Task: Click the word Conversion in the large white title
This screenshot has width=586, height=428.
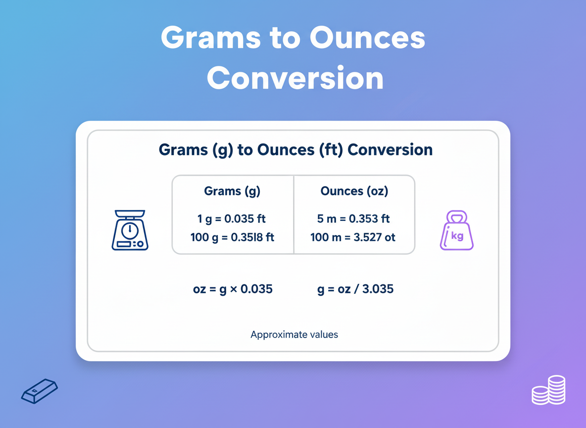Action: click(295, 78)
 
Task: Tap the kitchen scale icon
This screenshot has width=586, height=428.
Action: click(130, 230)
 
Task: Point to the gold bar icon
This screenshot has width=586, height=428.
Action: click(40, 391)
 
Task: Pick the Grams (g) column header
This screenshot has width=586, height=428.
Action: click(232, 191)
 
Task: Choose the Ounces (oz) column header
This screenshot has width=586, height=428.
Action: click(354, 191)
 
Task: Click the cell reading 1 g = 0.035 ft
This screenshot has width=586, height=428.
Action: click(232, 218)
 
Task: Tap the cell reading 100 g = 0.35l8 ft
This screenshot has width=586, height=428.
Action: click(232, 237)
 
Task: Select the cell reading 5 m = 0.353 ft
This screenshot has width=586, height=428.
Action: click(354, 218)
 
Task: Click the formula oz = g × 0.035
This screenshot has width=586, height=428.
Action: click(233, 289)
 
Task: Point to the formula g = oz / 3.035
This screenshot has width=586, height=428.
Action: click(355, 289)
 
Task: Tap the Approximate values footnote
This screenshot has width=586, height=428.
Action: click(294, 334)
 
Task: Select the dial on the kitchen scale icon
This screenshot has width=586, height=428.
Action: click(130, 230)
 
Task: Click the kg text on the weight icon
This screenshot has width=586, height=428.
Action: click(457, 236)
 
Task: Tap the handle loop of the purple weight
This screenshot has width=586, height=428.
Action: click(456, 217)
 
